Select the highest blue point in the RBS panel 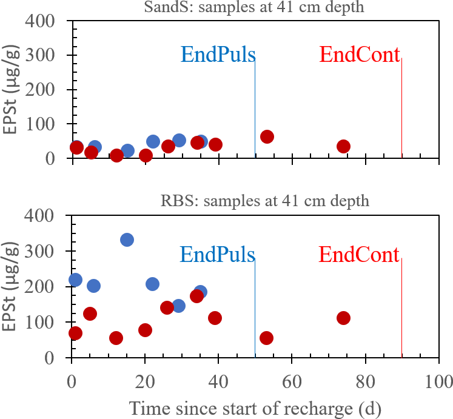[127, 240]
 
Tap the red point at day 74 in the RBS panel [343, 318]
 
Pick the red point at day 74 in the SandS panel [343, 146]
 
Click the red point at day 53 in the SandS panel [267, 136]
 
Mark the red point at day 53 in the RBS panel [266, 338]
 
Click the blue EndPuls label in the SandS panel [218, 55]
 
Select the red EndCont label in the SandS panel [360, 55]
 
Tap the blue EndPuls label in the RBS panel [218, 254]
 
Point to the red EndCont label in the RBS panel [360, 254]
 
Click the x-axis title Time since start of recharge [255, 408]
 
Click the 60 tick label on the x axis [292, 383]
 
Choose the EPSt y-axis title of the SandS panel [10, 91]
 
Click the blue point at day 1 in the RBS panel [76, 280]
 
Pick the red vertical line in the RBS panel [402, 309]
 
